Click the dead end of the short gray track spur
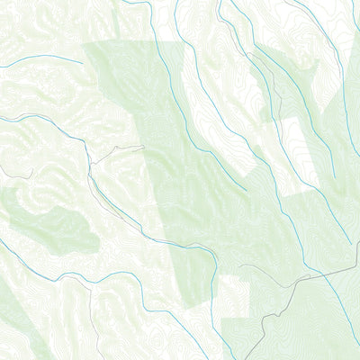(143, 147)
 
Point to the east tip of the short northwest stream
(84, 63)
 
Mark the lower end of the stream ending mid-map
(246, 189)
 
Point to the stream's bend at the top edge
(148, 4)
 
